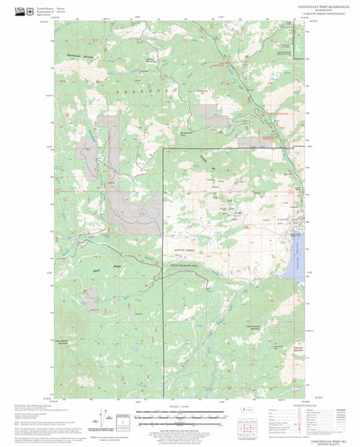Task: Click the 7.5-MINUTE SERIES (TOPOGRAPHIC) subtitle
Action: [x=279, y=17]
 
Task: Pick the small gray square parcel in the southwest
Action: [x=92, y=291]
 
